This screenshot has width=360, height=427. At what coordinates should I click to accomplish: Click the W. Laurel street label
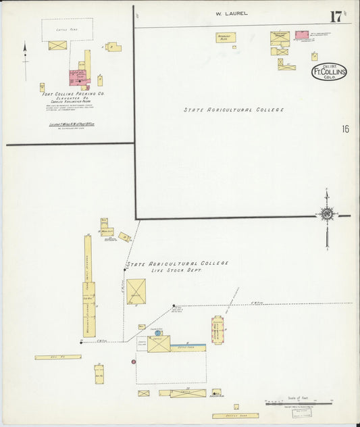click(x=231, y=13)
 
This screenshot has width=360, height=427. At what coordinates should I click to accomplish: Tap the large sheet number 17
click(x=335, y=16)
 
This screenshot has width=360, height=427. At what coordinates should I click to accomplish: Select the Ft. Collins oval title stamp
click(x=329, y=72)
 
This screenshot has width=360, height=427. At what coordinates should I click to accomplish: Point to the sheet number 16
click(x=345, y=129)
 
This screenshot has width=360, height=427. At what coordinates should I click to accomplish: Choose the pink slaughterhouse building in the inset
click(x=78, y=76)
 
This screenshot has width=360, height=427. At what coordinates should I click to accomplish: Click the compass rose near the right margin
click(x=327, y=215)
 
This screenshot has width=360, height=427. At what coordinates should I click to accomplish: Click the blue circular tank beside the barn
click(x=158, y=332)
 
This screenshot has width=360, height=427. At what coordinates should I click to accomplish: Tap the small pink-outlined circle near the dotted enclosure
click(x=133, y=362)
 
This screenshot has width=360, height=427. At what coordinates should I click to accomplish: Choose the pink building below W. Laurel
click(x=301, y=34)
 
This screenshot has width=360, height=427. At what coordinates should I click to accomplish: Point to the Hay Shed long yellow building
click(x=58, y=357)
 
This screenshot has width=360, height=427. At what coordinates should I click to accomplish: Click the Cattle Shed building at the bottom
click(x=235, y=416)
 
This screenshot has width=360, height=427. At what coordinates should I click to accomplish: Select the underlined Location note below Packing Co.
click(x=67, y=124)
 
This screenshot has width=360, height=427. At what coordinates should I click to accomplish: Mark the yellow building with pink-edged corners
click(x=218, y=330)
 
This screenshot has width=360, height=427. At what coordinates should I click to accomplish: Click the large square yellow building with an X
click(x=136, y=291)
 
